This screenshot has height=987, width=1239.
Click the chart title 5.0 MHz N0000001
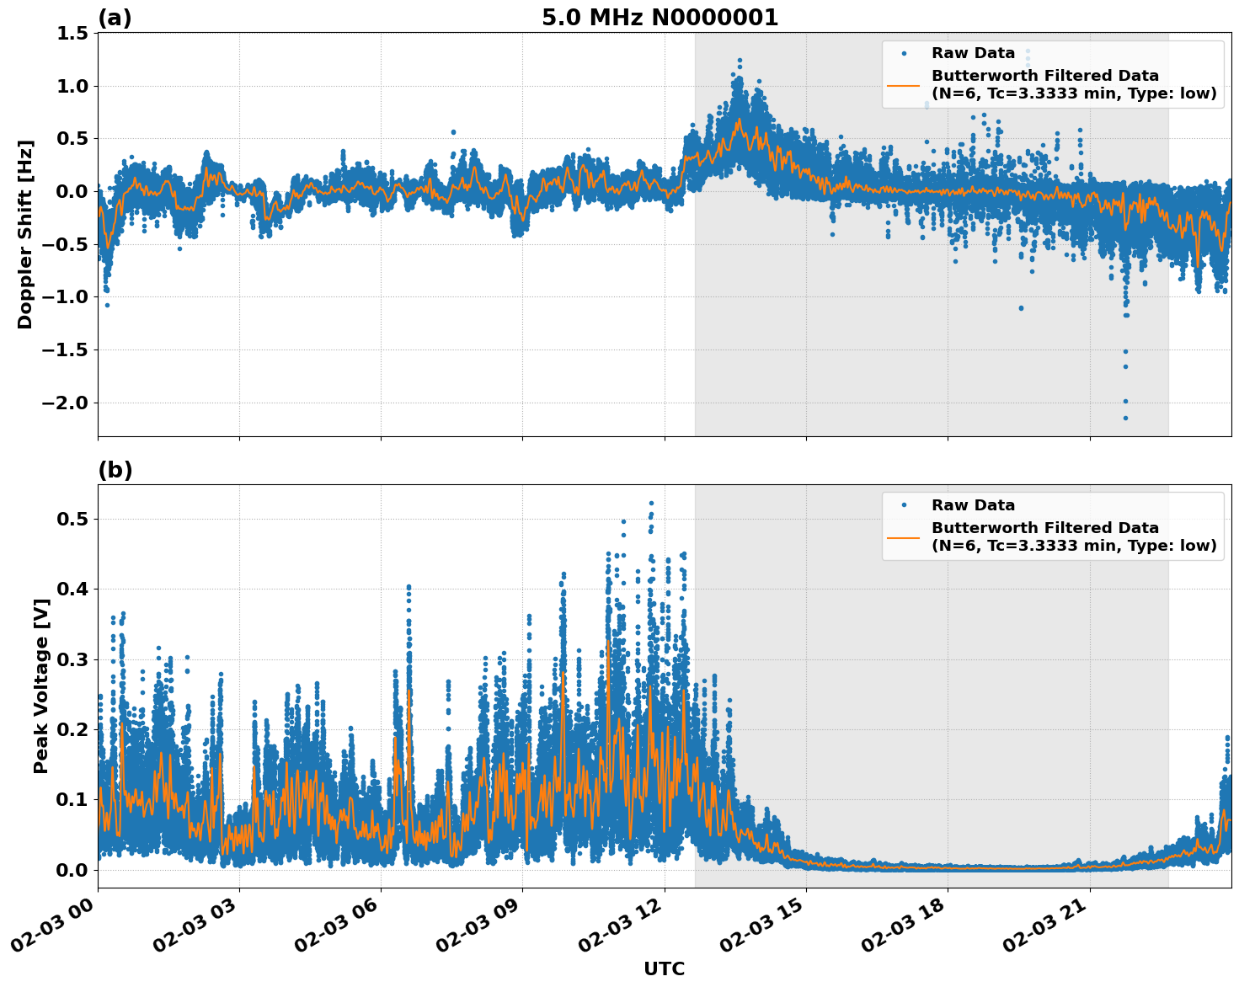660,18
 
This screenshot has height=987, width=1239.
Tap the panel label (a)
115,18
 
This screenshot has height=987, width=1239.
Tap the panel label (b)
115,470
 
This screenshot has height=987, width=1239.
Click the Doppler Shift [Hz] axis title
25,234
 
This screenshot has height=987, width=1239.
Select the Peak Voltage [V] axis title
40,686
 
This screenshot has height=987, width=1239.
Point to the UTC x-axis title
664,968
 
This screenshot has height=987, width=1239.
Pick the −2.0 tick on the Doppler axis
62,403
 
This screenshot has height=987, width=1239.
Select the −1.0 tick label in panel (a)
62,297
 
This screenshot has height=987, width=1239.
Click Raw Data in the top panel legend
973,53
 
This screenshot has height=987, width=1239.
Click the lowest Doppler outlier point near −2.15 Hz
1125,418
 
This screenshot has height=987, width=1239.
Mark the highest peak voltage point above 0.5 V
651,504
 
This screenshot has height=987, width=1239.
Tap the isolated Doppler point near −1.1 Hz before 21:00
1021,307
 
